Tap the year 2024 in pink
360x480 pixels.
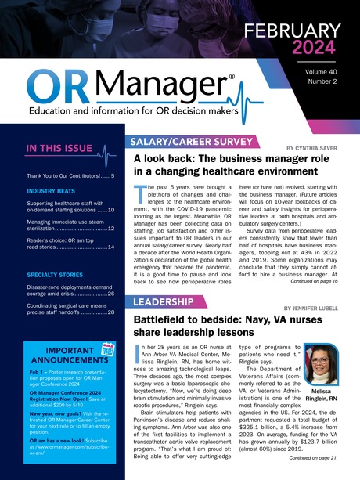tap(322, 49)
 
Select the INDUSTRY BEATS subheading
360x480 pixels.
tap(53, 190)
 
